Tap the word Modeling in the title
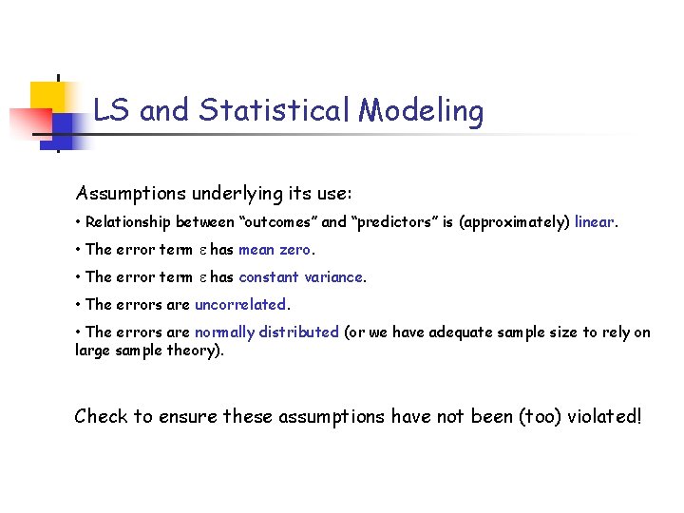coord(421,111)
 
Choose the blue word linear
coord(595,222)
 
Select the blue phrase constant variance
coord(301,277)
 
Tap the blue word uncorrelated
coord(239,305)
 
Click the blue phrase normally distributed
coord(267,332)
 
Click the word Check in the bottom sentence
coord(101,416)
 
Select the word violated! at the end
coord(603,416)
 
